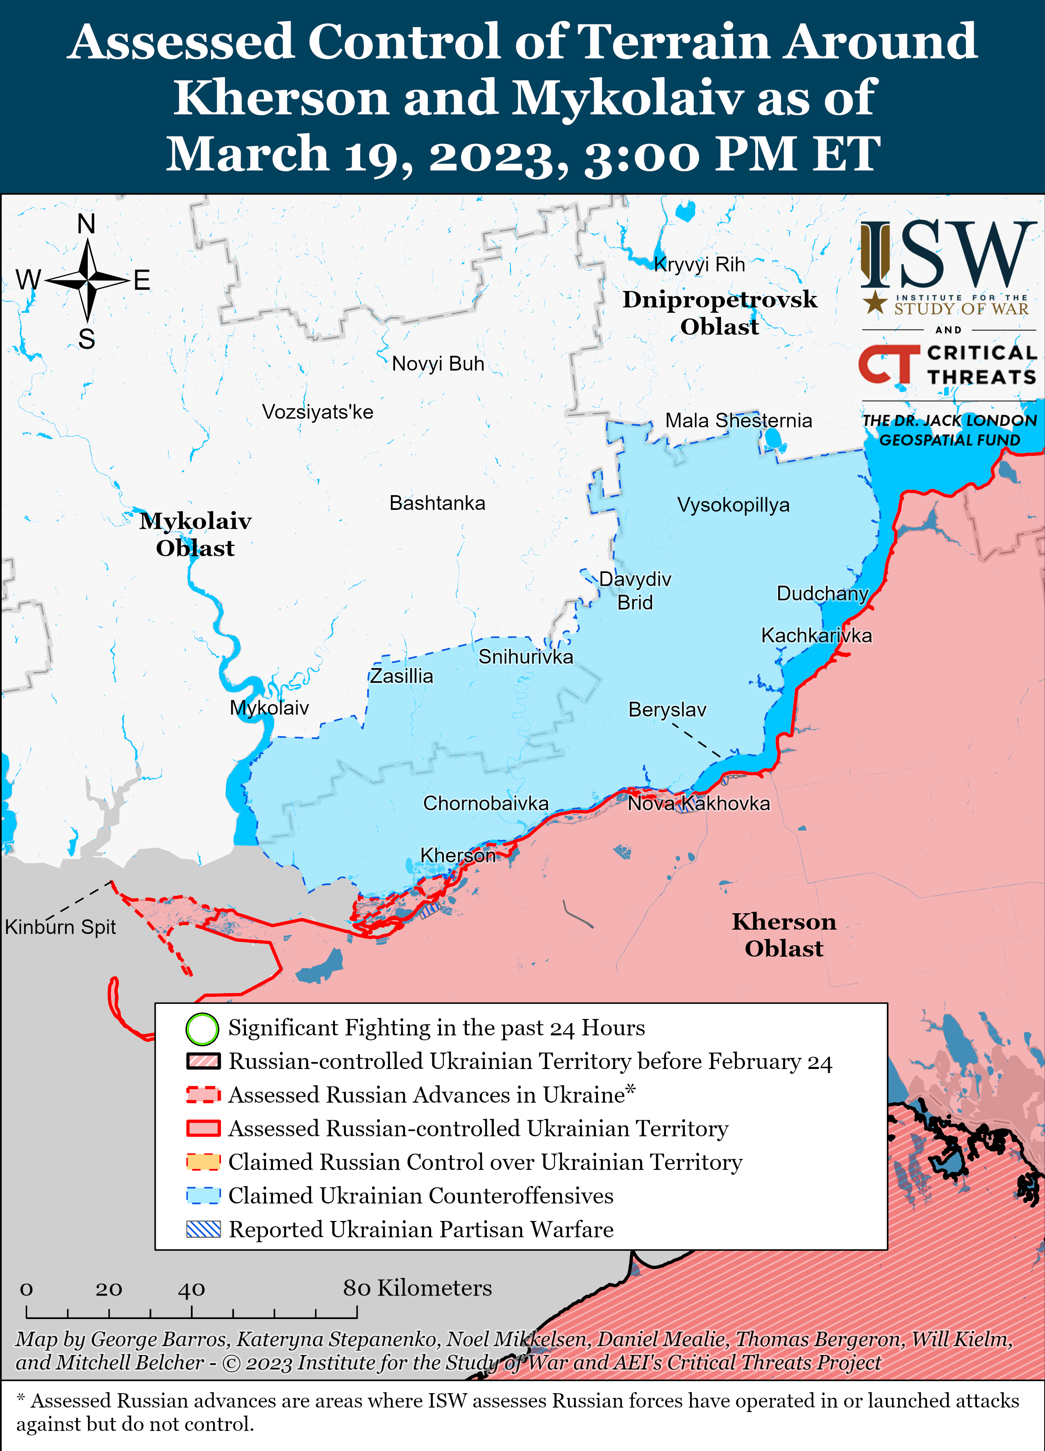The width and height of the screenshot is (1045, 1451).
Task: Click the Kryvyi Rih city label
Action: [x=699, y=264]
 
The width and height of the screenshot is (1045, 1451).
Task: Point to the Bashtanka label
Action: [x=437, y=503]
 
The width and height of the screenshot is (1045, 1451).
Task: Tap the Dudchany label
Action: [x=822, y=593]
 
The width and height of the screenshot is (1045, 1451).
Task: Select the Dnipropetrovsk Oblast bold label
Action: [x=720, y=313]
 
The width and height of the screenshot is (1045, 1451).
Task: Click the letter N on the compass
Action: [x=86, y=224]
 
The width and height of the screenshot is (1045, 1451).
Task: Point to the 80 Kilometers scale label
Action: [x=417, y=1288]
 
